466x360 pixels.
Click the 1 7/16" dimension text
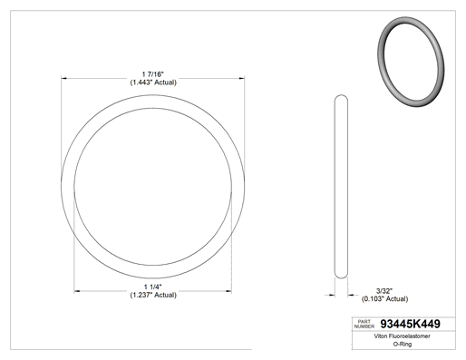(x=152, y=74)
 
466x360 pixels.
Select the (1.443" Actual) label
(x=153, y=83)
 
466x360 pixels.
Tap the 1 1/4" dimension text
(x=153, y=287)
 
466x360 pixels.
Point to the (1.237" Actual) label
(x=153, y=295)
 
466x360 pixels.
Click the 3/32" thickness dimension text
(x=384, y=291)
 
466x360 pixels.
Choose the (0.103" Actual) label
(x=384, y=298)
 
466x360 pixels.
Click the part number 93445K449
(x=410, y=324)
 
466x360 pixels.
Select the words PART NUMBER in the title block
(x=364, y=324)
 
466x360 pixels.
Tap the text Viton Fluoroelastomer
(x=402, y=336)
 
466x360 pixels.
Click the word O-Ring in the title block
(x=403, y=344)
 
